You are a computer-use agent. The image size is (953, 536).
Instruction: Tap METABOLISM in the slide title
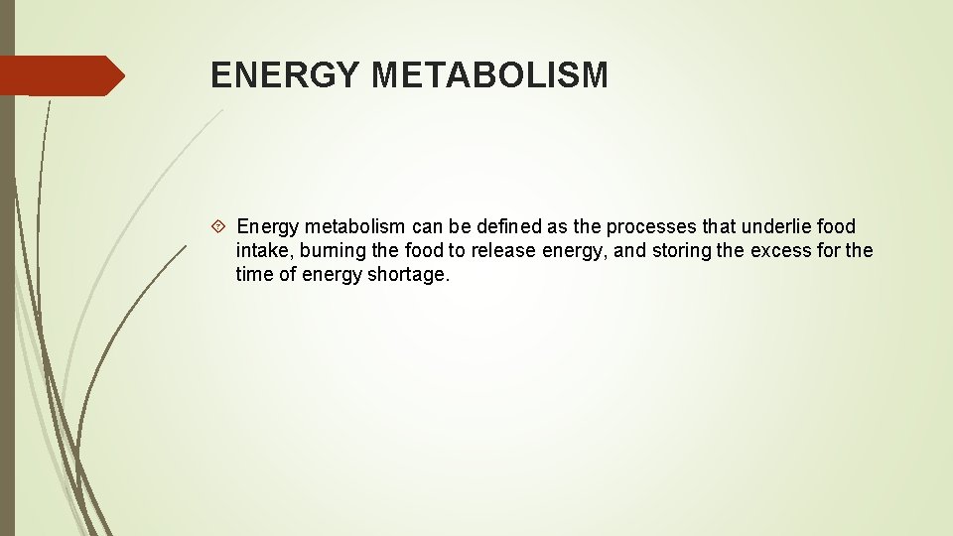pyautogui.click(x=489, y=74)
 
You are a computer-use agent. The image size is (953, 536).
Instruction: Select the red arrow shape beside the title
pyautogui.click(x=63, y=75)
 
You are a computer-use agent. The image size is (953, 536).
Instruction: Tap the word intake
pyautogui.click(x=260, y=250)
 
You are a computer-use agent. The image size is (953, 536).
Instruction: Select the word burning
pyautogui.click(x=327, y=250)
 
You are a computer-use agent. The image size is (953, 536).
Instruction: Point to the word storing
pyautogui.click(x=681, y=250)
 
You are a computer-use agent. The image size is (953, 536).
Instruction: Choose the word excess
pyautogui.click(x=780, y=250)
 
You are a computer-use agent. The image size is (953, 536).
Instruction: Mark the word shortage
pyautogui.click(x=408, y=274)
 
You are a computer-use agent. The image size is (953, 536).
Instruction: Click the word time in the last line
pyautogui.click(x=255, y=274)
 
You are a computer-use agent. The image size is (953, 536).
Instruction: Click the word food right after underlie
pyautogui.click(x=836, y=226)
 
